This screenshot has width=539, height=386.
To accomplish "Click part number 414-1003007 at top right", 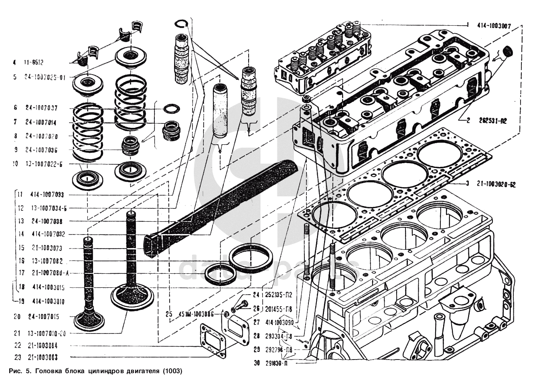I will [x=494, y=26].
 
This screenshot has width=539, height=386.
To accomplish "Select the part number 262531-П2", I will [x=492, y=120].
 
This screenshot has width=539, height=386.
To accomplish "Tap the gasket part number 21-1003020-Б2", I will [x=496, y=184].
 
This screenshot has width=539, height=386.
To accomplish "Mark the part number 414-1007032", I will [x=47, y=234].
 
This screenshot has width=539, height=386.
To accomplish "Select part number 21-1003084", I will [x=42, y=345].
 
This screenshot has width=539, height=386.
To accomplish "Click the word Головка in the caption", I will [x=49, y=371].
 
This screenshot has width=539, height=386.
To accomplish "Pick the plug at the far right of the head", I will [x=508, y=51].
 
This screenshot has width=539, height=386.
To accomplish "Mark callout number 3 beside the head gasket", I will [x=467, y=184].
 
